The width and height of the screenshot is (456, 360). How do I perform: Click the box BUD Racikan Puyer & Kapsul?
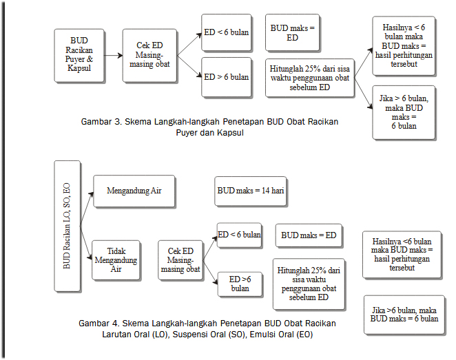[80, 53]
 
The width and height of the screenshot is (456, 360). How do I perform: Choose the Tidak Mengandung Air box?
[116, 260]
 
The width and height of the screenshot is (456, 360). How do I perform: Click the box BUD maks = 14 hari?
[251, 191]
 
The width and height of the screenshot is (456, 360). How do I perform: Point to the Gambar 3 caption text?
[210, 127]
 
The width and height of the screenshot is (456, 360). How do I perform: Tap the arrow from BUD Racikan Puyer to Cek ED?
[114, 53]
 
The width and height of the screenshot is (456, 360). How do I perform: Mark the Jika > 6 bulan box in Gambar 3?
[403, 112]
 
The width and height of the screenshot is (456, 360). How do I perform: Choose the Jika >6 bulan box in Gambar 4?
[404, 315]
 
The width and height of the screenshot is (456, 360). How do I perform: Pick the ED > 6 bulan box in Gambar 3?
[227, 77]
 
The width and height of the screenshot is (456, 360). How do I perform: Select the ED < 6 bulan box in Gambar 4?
[239, 235]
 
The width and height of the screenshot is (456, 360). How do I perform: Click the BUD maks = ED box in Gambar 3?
[292, 33]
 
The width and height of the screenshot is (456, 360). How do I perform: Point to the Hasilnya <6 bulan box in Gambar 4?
[402, 255]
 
